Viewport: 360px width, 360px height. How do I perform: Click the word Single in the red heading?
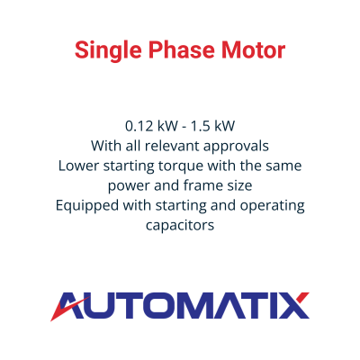pos(108,50)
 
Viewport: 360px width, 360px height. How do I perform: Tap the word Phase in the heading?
pos(182,49)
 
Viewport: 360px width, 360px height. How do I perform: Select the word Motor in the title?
pos(254,50)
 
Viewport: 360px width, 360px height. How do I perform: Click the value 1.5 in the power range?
pos(200,126)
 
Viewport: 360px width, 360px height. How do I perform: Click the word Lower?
pos(78,166)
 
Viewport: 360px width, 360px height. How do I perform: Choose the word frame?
pos(203,185)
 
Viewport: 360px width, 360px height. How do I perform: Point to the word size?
pos(239,185)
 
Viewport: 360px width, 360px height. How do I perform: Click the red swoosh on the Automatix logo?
pos(68,309)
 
